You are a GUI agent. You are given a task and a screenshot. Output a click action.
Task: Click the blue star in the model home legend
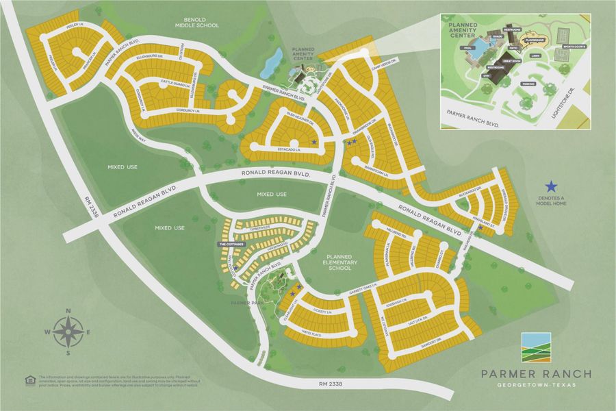(x=551, y=186)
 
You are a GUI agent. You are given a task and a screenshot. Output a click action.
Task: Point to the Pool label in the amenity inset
(x=467, y=48)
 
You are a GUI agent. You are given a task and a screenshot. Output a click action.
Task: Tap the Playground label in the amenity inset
(x=534, y=41)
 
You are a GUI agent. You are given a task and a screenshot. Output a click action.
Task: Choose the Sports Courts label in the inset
(x=574, y=47)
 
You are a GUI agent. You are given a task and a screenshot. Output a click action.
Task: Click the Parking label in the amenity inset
(x=528, y=84)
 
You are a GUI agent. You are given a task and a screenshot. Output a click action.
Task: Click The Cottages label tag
(x=231, y=244)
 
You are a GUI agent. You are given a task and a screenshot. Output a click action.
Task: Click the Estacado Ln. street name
(x=279, y=147)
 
